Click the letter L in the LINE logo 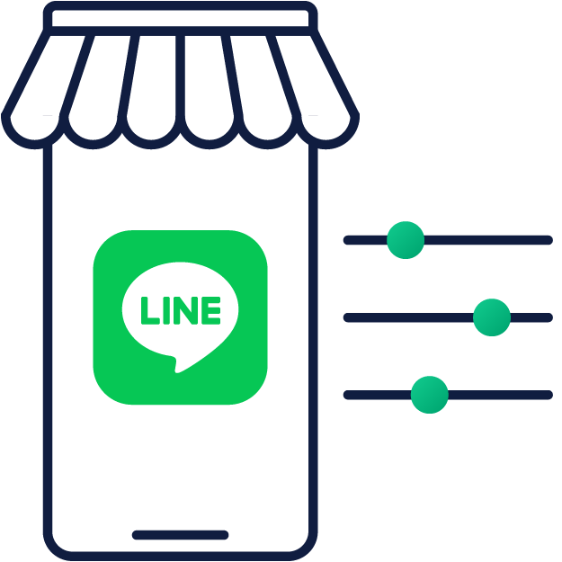coord(148,310)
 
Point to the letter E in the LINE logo coord(210,310)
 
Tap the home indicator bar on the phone coord(180,535)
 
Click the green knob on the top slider coord(406,240)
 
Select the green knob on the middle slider coord(492,317)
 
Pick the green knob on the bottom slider coord(429,395)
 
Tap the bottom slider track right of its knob coord(499,395)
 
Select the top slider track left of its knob coord(364,240)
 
